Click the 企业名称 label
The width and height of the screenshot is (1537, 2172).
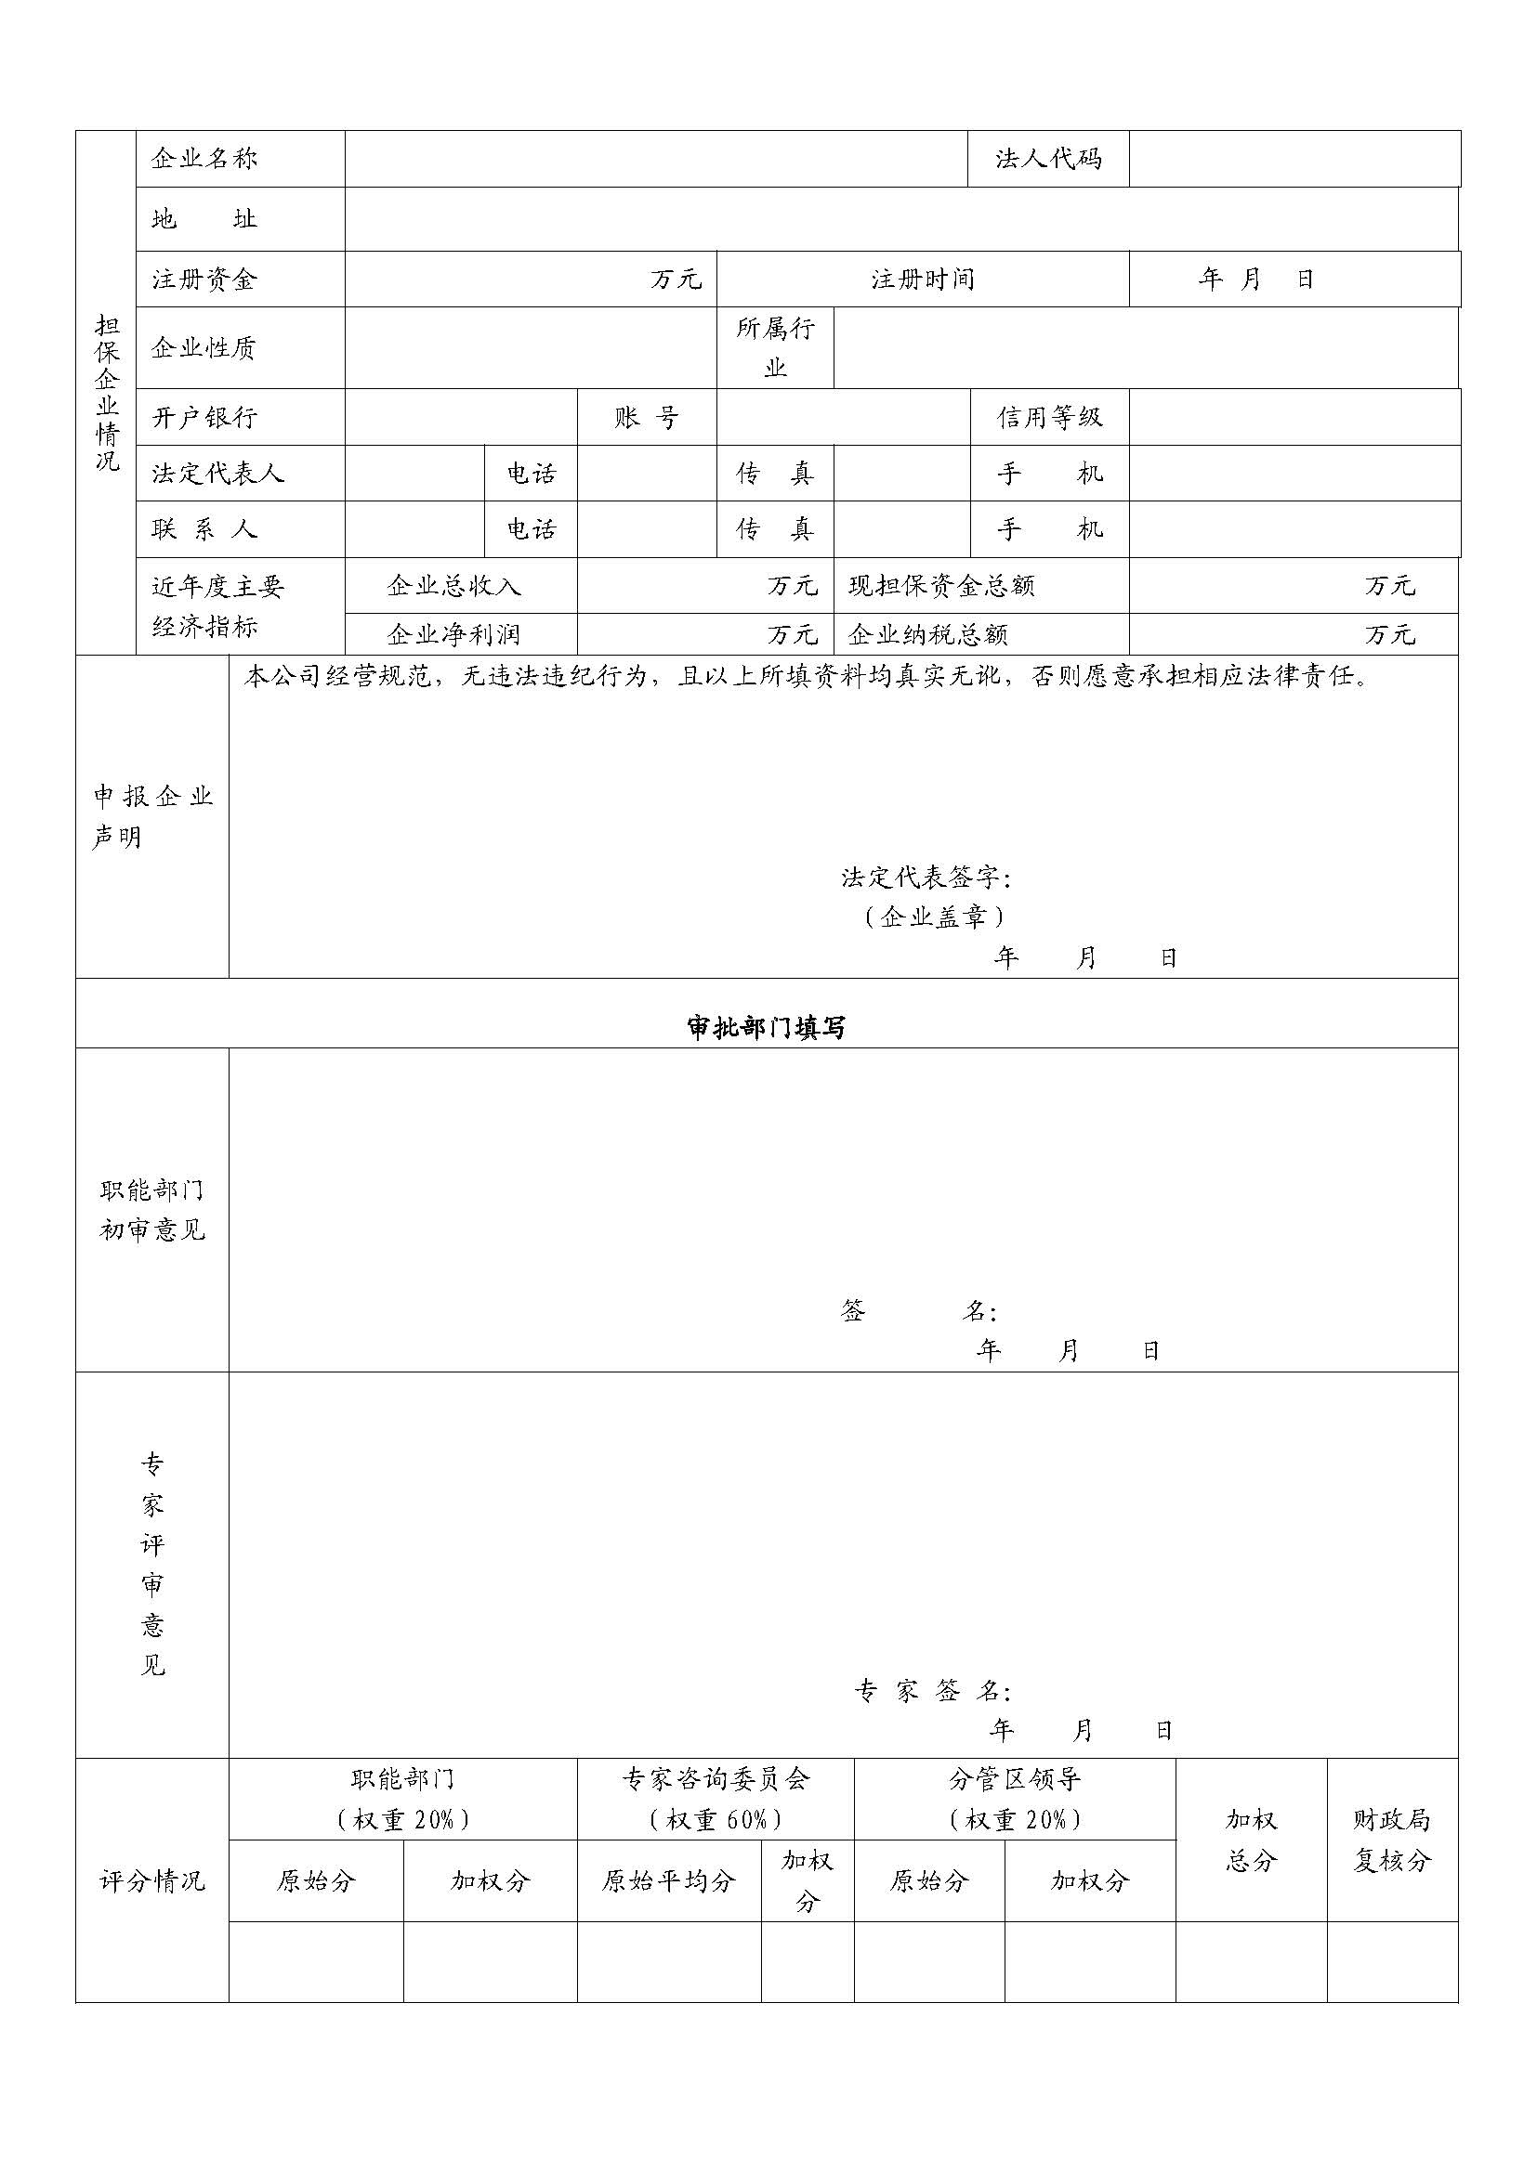click(204, 159)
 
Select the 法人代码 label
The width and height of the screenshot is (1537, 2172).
click(1047, 159)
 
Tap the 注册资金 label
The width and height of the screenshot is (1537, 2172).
click(204, 280)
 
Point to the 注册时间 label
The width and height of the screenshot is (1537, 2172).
click(922, 280)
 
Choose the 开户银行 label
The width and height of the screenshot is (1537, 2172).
click(204, 417)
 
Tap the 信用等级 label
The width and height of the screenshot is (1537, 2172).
click(1048, 417)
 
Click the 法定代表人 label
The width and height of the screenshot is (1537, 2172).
click(217, 473)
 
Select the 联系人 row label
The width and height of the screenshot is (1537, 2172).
click(204, 528)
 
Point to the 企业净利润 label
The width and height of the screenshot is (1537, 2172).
click(453, 634)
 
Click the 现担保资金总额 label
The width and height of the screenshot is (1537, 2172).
click(940, 586)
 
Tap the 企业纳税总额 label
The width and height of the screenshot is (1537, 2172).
click(927, 634)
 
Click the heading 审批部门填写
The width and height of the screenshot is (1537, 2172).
click(767, 1028)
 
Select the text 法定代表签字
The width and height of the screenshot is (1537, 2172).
click(926, 878)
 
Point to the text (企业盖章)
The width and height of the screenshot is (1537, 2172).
click(933, 917)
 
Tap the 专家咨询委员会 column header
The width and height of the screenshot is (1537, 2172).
click(716, 1779)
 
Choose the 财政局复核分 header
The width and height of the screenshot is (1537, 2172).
click(1391, 1840)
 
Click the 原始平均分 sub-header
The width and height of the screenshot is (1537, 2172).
click(668, 1880)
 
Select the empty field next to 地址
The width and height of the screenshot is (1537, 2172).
click(900, 219)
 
